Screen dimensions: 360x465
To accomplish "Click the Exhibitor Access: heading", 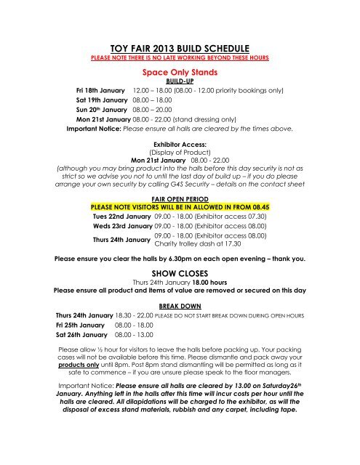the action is coord(180,145).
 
